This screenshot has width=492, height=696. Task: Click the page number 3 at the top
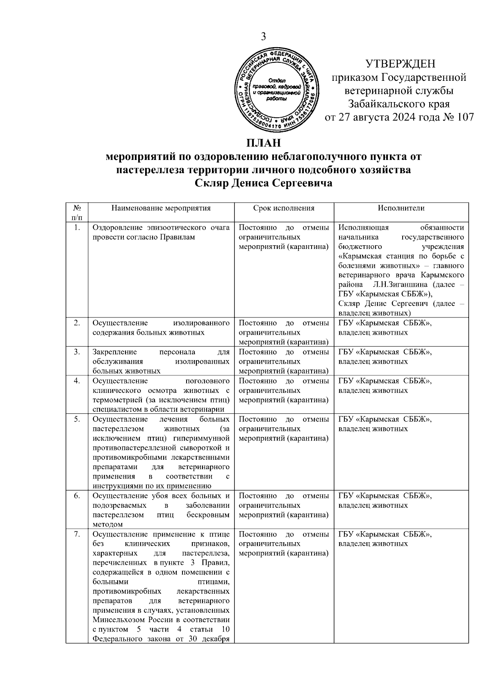pyautogui.click(x=264, y=37)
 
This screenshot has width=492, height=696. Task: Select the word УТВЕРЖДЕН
pyautogui.click(x=401, y=64)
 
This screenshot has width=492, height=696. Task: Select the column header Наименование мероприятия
pyautogui.click(x=161, y=208)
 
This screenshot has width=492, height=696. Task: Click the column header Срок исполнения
pyautogui.click(x=284, y=208)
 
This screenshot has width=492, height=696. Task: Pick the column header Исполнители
pyautogui.click(x=401, y=208)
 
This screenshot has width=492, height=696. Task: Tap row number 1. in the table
pyautogui.click(x=77, y=228)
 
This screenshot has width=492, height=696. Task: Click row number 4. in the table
pyautogui.click(x=77, y=381)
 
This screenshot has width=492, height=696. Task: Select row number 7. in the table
pyautogui.click(x=77, y=534)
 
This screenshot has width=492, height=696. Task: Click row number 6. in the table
pyautogui.click(x=77, y=496)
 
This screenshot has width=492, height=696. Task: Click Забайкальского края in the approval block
pyautogui.click(x=399, y=104)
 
